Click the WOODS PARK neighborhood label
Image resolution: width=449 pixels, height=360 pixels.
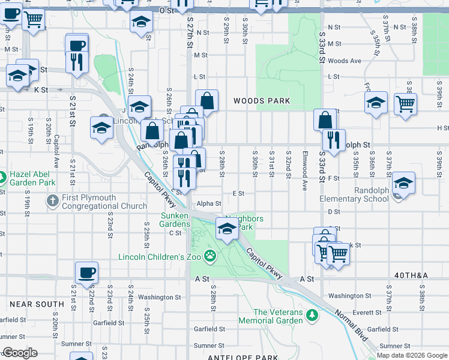262,101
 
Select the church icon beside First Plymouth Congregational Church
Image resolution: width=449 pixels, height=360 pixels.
53,200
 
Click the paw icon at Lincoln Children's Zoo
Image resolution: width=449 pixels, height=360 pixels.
209,256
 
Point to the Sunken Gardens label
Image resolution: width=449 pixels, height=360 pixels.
175,220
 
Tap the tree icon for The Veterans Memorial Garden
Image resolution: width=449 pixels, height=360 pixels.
312,315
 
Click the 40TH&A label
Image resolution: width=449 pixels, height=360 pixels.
411,275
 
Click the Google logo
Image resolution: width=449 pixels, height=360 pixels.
20,353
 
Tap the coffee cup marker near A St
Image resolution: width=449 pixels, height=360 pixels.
86,272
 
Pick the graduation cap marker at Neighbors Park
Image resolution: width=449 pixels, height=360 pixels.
227,229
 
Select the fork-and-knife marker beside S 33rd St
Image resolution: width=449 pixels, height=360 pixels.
333,140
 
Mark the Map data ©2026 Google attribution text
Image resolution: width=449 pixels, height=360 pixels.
412,355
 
